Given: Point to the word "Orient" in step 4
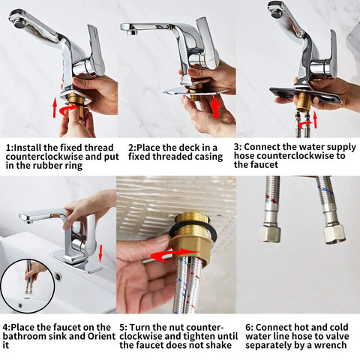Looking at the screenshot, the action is [101, 336].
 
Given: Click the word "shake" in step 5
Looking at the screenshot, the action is [219, 345].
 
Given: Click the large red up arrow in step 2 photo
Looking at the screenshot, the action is [215, 107].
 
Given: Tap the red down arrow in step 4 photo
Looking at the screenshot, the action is [100, 253].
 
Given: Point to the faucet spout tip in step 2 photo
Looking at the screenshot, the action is [131, 31].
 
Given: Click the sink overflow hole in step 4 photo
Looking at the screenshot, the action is [58, 277].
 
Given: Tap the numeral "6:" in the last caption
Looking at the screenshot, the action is [249, 327].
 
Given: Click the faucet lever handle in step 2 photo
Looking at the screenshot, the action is [206, 43].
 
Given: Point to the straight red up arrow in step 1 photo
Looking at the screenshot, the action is [55, 108].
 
